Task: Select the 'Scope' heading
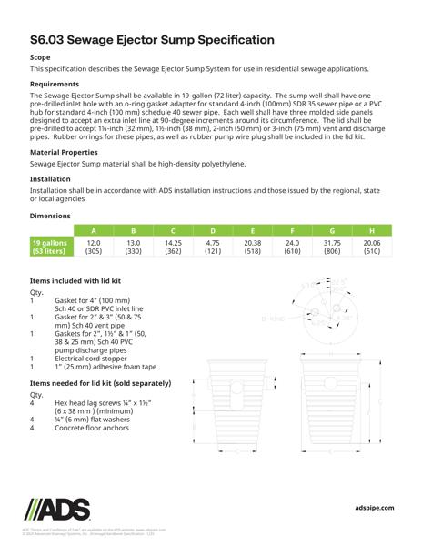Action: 42,56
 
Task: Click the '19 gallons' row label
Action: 51,243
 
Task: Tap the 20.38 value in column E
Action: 253,243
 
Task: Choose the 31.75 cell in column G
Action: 332,243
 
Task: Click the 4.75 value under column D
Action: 213,243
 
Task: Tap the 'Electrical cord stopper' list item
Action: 94,359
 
